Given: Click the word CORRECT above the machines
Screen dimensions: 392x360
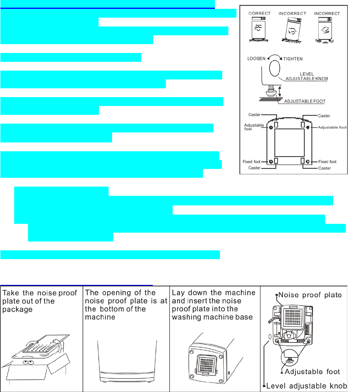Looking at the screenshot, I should coord(259,13).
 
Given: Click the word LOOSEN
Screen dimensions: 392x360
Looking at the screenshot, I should coord(256,59).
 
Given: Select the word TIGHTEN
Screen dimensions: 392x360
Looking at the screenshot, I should coord(293,59).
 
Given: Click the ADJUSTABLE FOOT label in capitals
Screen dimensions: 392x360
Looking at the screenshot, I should coord(305,101).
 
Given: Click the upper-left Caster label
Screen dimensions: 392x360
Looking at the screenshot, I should coord(254,115).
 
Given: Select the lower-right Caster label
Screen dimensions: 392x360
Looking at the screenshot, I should coord(325,168).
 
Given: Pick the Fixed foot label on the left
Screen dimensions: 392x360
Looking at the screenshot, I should coord(252,162).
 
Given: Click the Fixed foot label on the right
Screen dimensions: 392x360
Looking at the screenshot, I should coord(327,162).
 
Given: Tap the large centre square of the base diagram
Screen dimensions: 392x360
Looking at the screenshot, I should coord(290,142).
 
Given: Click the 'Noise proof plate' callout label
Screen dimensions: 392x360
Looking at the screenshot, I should coord(310,295).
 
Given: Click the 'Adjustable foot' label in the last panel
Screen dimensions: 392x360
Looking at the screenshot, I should coord(312,372).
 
